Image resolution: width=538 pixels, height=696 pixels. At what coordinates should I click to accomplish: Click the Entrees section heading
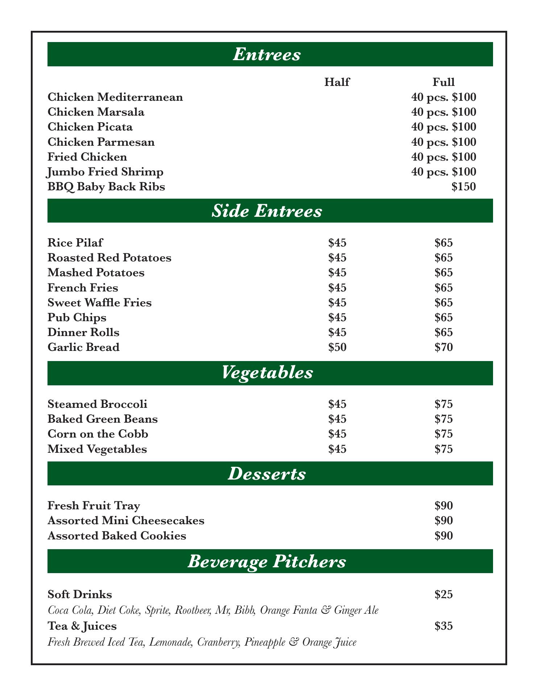click(267, 54)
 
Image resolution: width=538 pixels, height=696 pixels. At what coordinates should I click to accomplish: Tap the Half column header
click(337, 82)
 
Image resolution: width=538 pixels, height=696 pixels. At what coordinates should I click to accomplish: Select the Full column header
click(443, 82)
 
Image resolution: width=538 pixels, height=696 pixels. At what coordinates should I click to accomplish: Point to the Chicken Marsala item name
click(96, 112)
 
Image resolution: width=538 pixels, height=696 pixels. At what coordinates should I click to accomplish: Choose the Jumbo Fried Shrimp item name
click(105, 172)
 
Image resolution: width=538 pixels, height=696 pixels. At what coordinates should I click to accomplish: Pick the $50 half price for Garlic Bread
click(337, 347)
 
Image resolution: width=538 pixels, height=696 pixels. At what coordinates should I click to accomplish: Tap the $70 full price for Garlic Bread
click(443, 347)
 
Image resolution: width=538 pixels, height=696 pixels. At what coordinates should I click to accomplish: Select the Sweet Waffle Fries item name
click(100, 302)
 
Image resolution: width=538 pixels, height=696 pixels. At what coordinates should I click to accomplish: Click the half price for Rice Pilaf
click(337, 243)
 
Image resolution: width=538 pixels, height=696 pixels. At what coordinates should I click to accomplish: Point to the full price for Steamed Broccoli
click(443, 404)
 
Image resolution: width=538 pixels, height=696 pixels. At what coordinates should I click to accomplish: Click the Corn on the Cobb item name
click(98, 434)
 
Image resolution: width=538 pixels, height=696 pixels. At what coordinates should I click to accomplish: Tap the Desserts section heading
click(267, 474)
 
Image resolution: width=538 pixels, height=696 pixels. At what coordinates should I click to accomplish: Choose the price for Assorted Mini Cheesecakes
click(443, 521)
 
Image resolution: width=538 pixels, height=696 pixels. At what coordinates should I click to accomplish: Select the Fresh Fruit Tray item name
click(94, 505)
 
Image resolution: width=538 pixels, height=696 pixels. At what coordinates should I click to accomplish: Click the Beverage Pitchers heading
click(267, 562)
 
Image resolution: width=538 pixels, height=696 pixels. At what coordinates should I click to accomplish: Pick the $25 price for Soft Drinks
click(443, 595)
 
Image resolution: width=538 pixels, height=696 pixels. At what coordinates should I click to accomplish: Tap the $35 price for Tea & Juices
click(443, 626)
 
